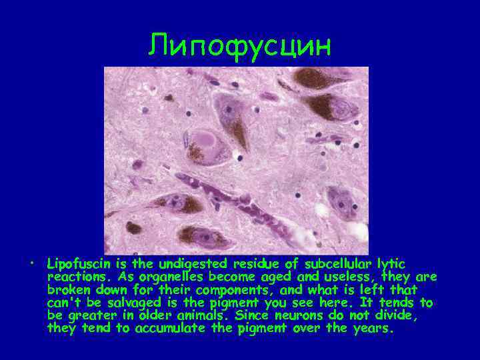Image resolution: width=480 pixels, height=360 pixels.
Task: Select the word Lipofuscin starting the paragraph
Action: (x=75, y=265)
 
